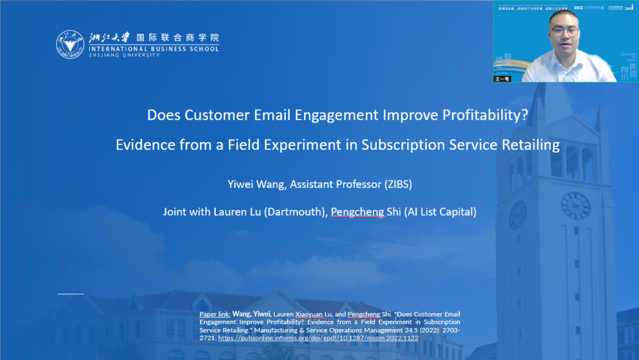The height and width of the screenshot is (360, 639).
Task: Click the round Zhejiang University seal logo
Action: [70, 44]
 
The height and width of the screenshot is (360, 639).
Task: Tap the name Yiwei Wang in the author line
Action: [256, 184]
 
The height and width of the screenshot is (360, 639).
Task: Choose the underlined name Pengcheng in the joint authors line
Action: [358, 211]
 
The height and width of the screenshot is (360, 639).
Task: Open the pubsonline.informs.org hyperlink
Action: [318, 338]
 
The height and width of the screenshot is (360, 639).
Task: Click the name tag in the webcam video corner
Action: [502, 78]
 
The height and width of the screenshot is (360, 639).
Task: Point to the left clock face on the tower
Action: [518, 215]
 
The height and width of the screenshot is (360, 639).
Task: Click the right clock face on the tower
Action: [575, 206]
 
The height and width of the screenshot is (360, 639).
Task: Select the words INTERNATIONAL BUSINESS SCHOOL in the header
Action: [154, 49]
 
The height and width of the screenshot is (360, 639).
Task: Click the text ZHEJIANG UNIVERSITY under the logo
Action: [124, 55]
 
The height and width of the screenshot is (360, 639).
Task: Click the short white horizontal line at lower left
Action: [70, 294]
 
